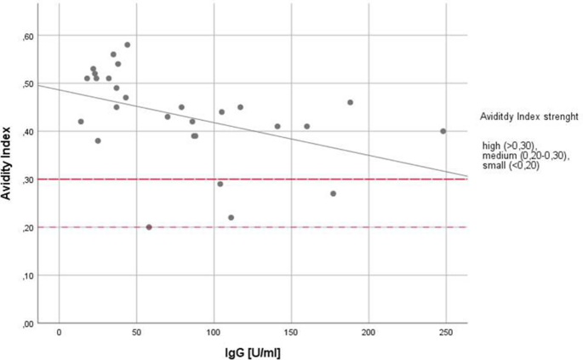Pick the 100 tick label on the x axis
click(214, 330)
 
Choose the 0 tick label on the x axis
click(59, 330)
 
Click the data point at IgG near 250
click(443, 131)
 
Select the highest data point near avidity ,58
click(128, 44)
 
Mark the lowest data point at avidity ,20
click(149, 227)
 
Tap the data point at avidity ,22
click(231, 218)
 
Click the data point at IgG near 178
click(334, 193)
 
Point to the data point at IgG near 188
click(350, 102)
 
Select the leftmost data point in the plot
click(81, 122)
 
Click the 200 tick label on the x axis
click(369, 330)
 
